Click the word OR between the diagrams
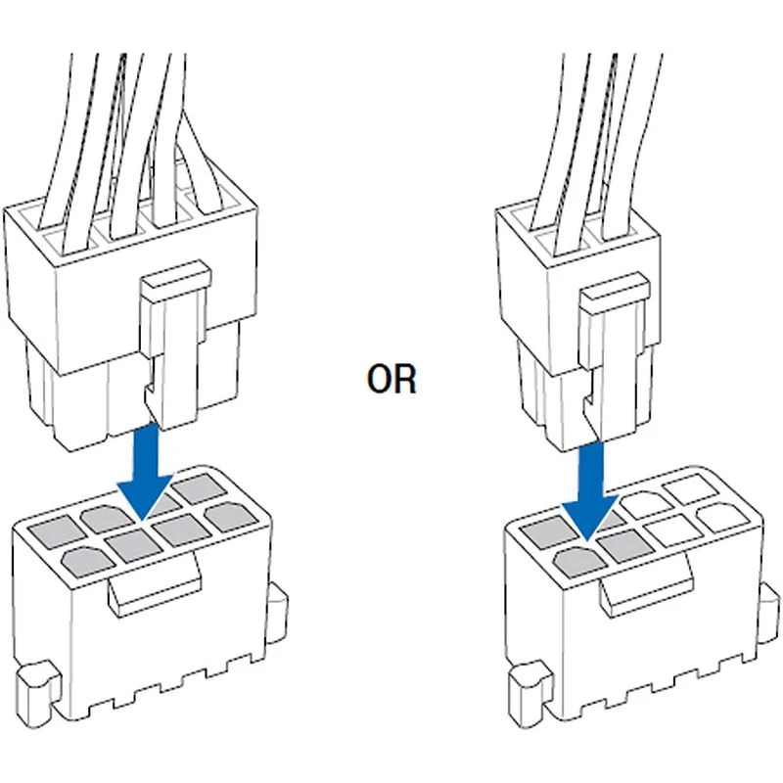pos(391,379)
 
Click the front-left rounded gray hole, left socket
pos(86,561)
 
